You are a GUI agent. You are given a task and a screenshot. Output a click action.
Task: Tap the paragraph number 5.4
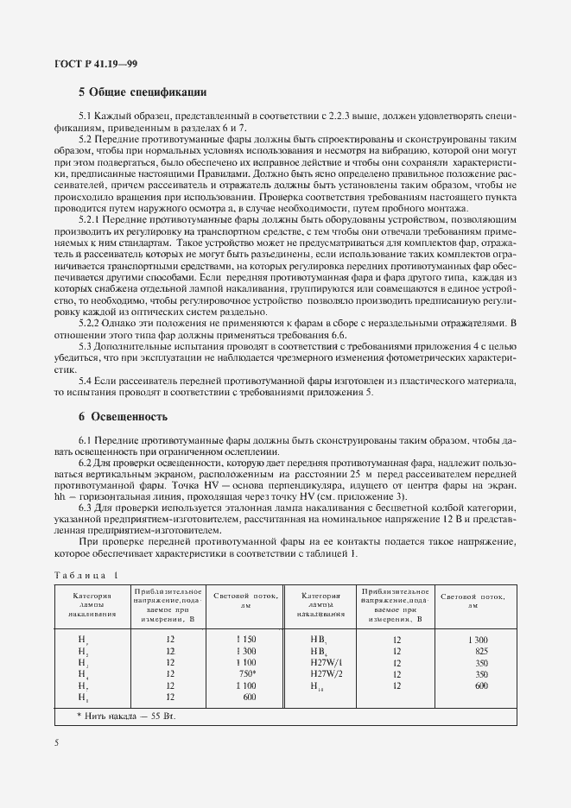pyautogui.click(x=86, y=381)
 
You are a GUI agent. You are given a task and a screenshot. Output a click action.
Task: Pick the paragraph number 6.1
pyautogui.click(x=86, y=439)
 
